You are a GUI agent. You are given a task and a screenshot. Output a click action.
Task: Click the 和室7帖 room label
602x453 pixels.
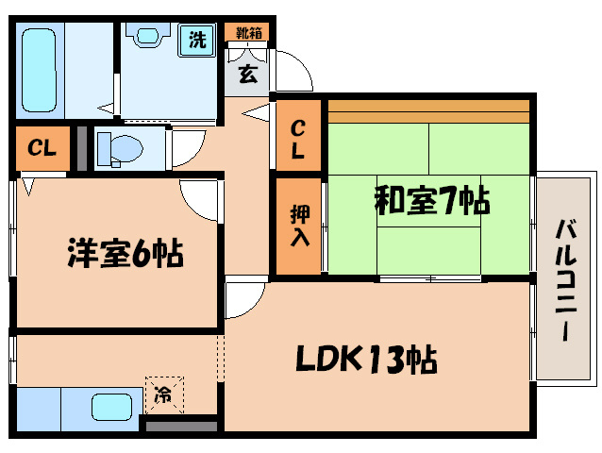pyautogui.click(x=431, y=200)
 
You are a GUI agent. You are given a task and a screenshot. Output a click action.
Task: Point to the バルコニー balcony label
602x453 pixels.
pyautogui.click(x=566, y=280)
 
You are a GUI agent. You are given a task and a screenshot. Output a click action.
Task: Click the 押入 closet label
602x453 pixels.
pyautogui.click(x=298, y=226)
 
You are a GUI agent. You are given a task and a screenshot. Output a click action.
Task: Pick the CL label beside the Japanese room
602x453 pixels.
pyautogui.click(x=298, y=139)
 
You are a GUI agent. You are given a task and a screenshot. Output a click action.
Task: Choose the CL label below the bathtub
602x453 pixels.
pyautogui.click(x=42, y=148)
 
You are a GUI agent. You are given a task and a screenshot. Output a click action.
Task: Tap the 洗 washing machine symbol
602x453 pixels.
pyautogui.click(x=197, y=41)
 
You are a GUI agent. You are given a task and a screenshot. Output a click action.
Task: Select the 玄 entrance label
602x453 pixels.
pyautogui.click(x=247, y=74)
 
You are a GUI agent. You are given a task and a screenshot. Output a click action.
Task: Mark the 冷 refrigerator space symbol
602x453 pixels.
pyautogui.click(x=164, y=395)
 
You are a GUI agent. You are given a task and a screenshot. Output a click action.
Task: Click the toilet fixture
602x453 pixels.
pyautogui.click(x=118, y=149)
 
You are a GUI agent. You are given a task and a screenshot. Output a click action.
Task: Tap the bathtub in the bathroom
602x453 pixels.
pyautogui.click(x=41, y=68)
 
